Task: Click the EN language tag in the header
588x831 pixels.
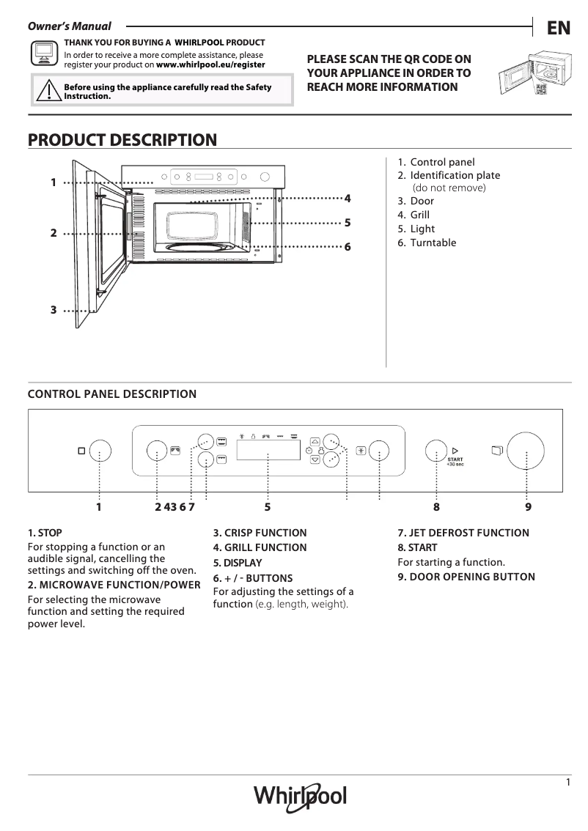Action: pos(558,29)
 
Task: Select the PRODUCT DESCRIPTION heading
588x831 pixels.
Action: pos(122,140)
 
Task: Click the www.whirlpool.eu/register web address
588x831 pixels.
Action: pos(211,64)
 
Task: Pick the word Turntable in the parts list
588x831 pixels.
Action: pos(433,243)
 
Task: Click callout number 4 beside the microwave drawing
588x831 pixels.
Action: pos(348,198)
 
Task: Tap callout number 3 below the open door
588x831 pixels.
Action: pos(54,310)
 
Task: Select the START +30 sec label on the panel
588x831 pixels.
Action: pos(455,462)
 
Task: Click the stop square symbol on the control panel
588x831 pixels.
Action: pos(81,451)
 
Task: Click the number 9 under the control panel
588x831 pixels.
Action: pos(528,506)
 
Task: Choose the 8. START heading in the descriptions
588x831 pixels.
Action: pos(417,547)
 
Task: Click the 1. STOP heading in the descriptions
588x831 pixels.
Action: pos(45,533)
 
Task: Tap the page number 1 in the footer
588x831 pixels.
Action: pos(568,783)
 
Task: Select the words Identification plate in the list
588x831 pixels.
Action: pos(455,175)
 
